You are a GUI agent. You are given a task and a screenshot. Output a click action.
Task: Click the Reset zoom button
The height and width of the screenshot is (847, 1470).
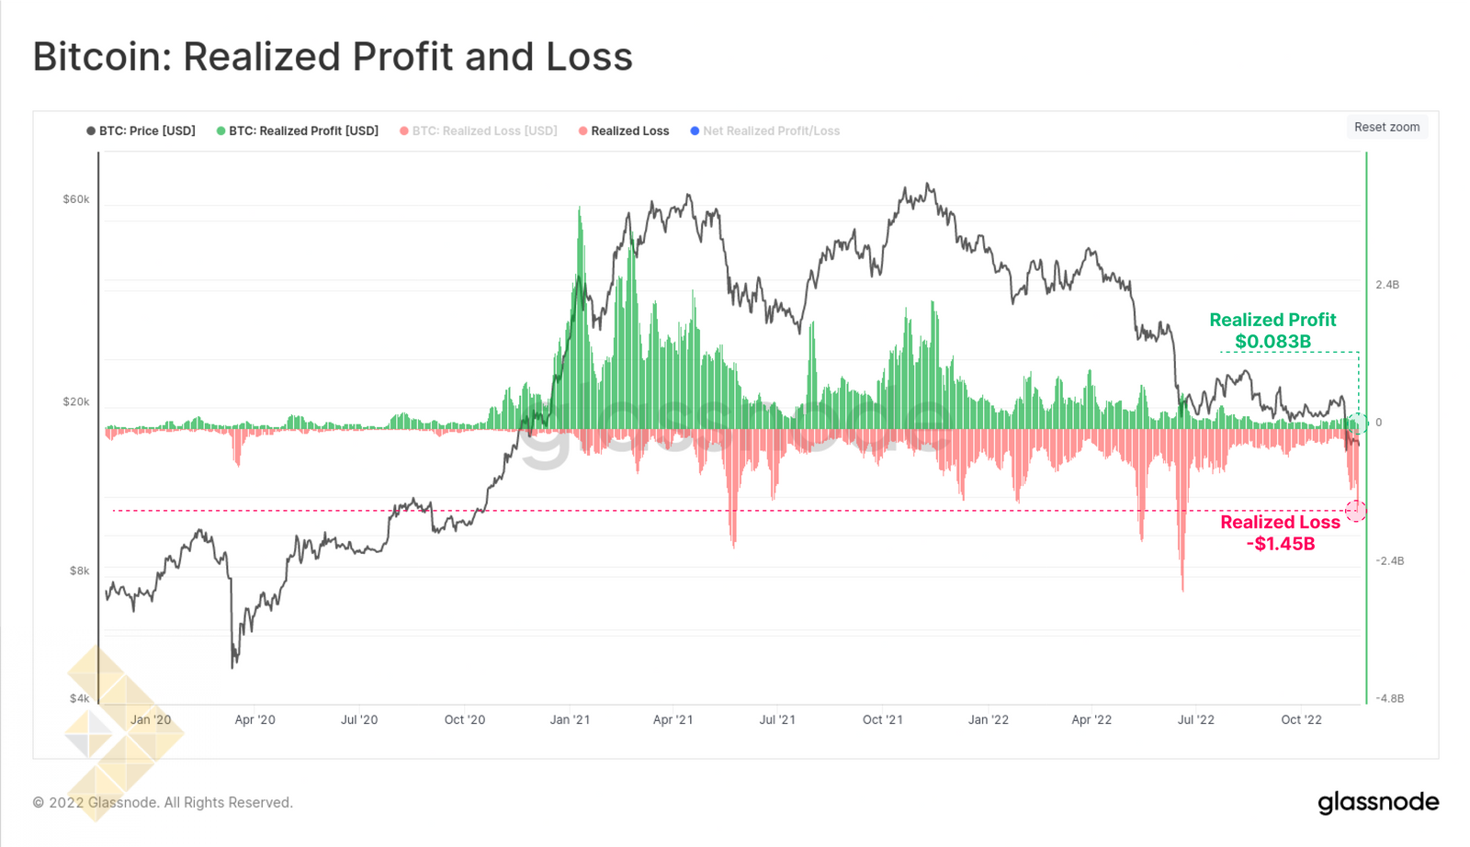tap(1386, 127)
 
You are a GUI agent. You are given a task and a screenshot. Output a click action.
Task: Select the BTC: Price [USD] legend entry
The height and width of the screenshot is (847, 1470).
tap(141, 131)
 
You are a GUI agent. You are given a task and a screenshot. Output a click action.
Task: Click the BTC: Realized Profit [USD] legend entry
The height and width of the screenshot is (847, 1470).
tap(298, 131)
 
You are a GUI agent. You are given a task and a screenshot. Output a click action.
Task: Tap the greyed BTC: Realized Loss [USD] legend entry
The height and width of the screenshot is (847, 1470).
tap(479, 131)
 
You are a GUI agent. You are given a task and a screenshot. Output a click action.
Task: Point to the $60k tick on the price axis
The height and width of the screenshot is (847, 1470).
tap(76, 199)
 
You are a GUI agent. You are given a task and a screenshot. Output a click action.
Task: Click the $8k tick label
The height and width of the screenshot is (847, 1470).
tap(80, 570)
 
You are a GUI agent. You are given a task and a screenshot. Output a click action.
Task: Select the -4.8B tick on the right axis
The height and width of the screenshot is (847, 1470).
tap(1389, 698)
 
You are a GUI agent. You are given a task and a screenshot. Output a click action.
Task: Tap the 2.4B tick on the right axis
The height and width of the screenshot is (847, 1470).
tap(1387, 285)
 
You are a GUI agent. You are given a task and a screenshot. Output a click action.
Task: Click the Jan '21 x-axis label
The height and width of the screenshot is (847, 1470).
tap(570, 719)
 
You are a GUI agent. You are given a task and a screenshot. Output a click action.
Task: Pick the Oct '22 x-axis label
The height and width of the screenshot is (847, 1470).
tap(1301, 719)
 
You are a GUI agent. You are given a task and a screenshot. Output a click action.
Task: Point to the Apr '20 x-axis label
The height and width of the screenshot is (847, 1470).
tap(254, 719)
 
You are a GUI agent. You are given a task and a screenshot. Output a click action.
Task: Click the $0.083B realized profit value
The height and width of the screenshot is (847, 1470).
tap(1272, 342)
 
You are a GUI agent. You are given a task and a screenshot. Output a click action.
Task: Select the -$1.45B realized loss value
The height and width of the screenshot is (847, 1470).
tap(1281, 544)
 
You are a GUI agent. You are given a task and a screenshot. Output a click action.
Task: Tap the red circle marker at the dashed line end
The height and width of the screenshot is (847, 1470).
tap(1356, 511)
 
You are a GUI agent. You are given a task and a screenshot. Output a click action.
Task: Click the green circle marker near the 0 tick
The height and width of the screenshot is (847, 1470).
tap(1358, 423)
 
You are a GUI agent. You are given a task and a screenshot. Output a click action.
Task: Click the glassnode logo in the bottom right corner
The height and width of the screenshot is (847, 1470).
tap(1378, 802)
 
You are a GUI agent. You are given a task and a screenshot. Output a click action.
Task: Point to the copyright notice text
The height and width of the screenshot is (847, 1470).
tap(163, 803)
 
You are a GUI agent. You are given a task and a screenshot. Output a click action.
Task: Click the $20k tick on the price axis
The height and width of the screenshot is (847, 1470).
tap(76, 401)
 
